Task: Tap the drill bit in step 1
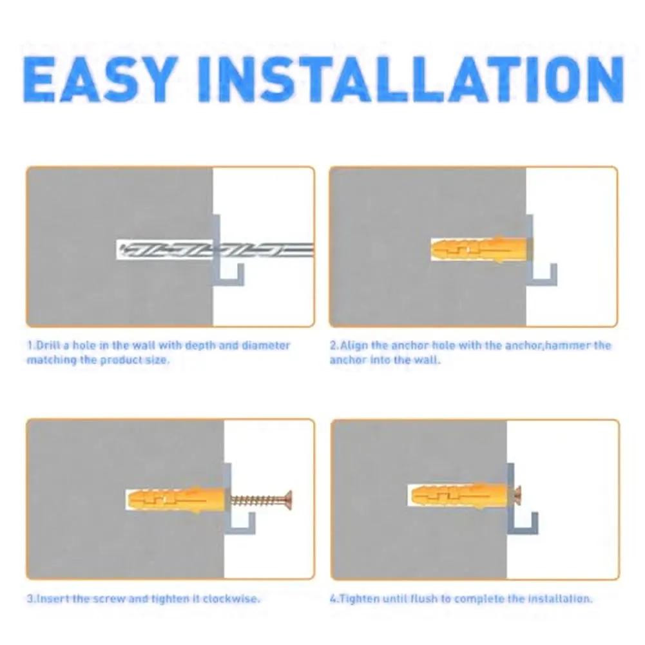click(x=213, y=249)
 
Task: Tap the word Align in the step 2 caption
click(x=354, y=345)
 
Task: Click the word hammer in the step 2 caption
click(x=567, y=345)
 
